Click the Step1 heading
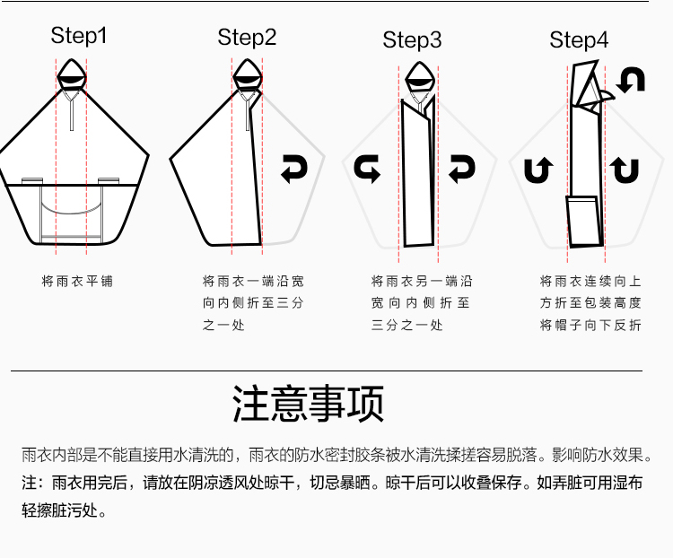point(79,36)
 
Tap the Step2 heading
point(247,38)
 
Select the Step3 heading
point(412,40)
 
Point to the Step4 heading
point(579,40)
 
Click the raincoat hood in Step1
point(72,74)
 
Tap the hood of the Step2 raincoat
point(248,74)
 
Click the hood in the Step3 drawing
point(420,77)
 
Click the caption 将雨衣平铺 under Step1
point(77,282)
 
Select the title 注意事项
point(308,404)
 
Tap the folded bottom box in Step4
point(584,222)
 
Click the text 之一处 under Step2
point(223,325)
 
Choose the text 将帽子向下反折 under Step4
point(590,325)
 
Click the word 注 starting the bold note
point(30,483)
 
